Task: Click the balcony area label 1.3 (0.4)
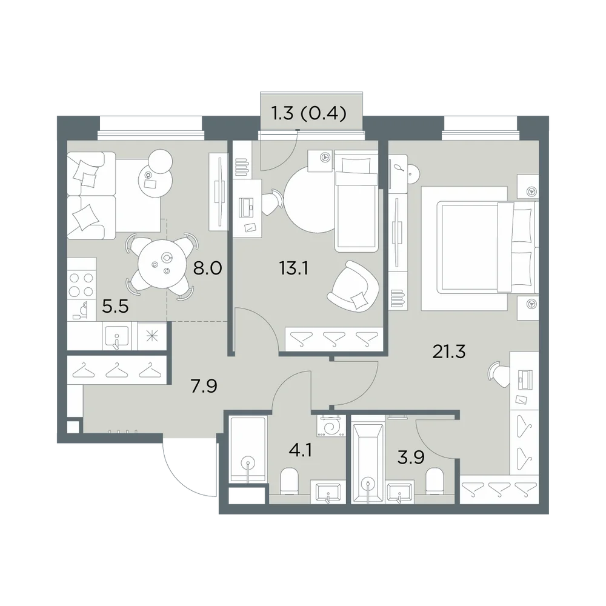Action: point(309,113)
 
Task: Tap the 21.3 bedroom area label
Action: point(449,351)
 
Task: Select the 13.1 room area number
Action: point(293,268)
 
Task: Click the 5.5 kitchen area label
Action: point(115,307)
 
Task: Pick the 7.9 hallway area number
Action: point(204,385)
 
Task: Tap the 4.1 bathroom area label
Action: point(301,450)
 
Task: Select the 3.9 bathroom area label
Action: point(411,457)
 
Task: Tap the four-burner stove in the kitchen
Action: point(81,284)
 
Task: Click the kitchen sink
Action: point(116,336)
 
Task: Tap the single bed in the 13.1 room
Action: point(356,201)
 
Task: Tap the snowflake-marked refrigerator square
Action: point(152,336)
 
